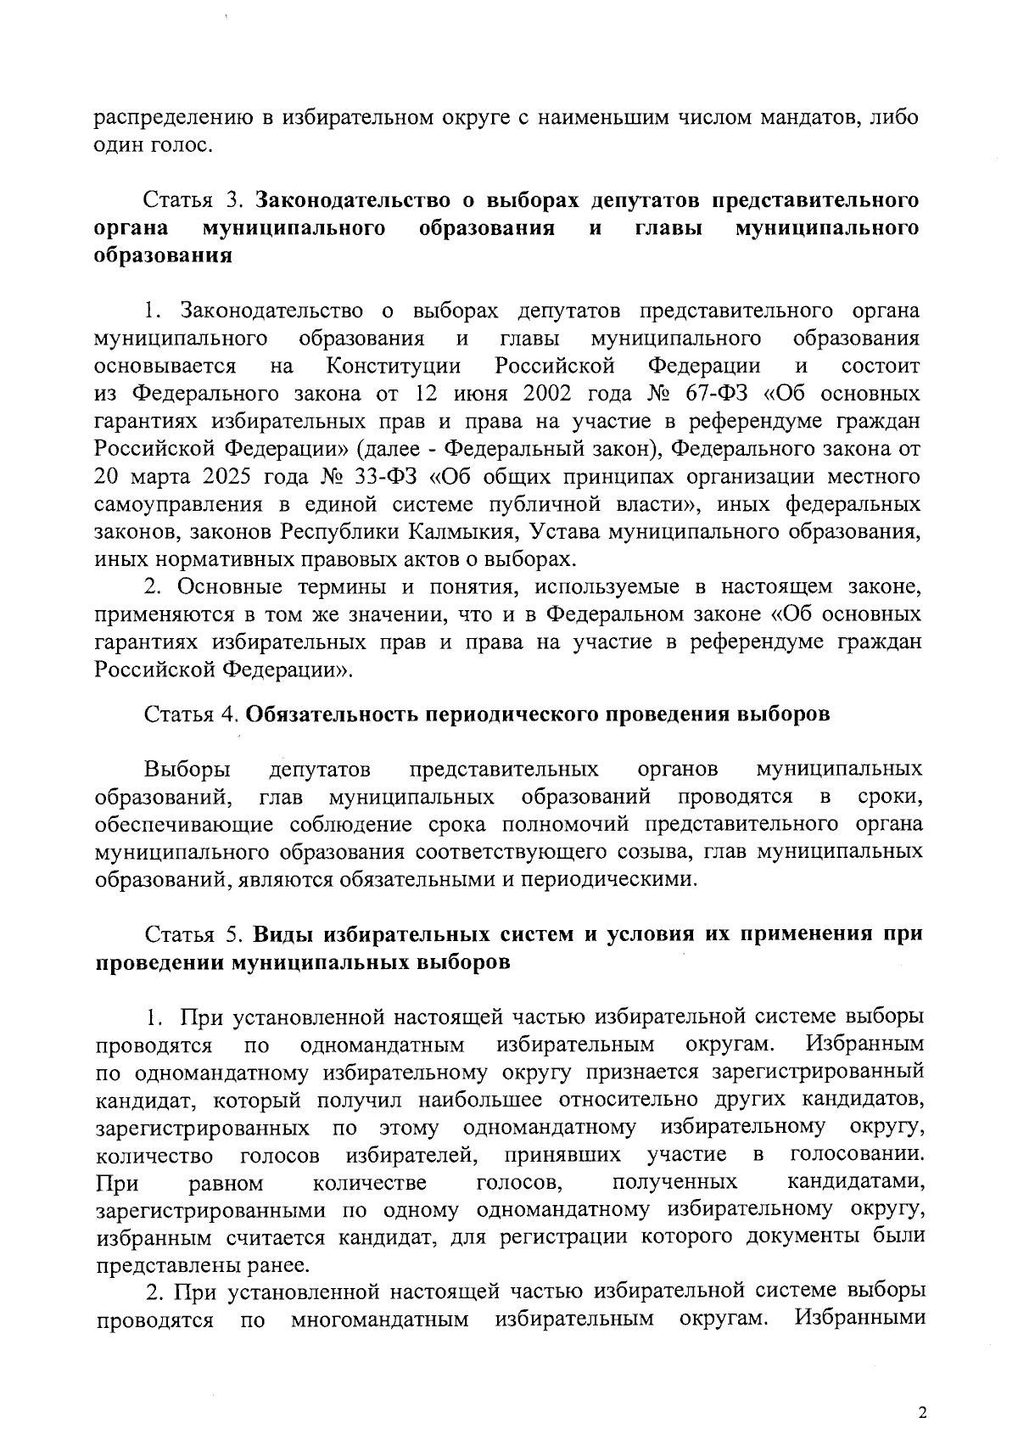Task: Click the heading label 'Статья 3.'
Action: [x=193, y=201]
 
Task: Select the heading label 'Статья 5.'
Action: [x=194, y=935]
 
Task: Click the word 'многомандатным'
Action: [x=379, y=1320]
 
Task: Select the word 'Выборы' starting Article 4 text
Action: [x=187, y=770]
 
